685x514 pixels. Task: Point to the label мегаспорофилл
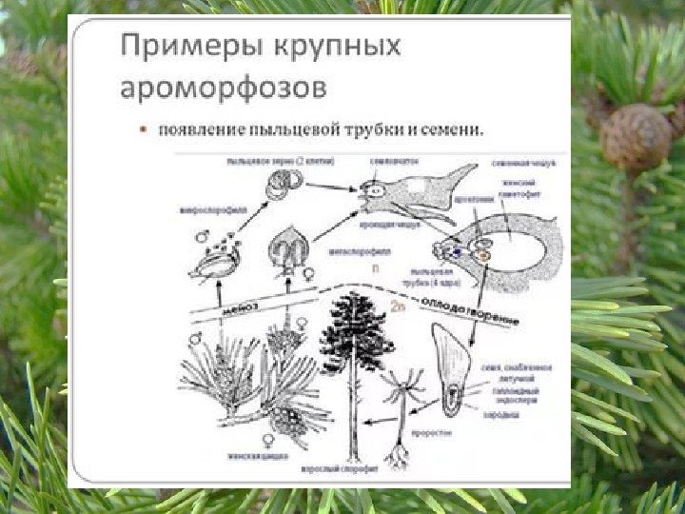pos(351,252)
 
